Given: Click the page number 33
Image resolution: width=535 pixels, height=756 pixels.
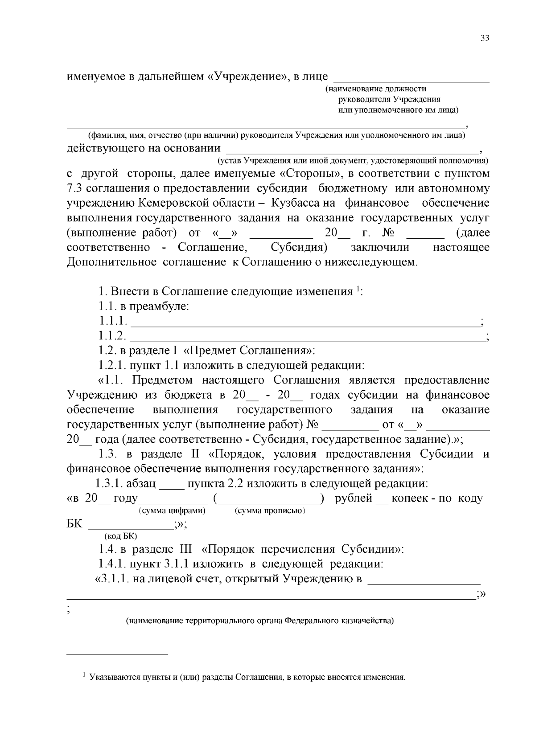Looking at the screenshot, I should (485, 38).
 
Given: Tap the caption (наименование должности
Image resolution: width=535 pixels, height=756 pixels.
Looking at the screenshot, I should (376, 89).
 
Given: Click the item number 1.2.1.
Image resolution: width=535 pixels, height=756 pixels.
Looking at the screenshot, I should (113, 366).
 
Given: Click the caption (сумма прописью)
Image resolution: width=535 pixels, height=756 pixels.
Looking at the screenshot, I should (270, 511).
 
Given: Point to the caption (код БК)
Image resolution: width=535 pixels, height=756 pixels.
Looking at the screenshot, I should (120, 536).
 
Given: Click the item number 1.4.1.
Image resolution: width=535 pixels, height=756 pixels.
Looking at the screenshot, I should (113, 564).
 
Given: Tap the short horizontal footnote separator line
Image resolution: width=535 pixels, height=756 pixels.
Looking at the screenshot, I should (117, 654).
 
